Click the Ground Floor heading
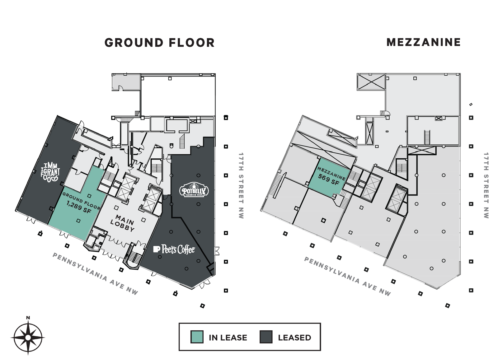click(x=159, y=43)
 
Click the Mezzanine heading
click(x=423, y=42)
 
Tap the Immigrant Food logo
click(x=50, y=172)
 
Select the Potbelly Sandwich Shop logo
click(x=194, y=190)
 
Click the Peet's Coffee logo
click(x=174, y=249)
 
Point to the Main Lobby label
click(x=123, y=223)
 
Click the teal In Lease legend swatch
click(x=197, y=337)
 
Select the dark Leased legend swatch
click(x=266, y=337)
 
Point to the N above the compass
click(x=28, y=318)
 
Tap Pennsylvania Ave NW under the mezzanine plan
click(x=347, y=276)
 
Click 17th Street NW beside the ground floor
click(x=241, y=185)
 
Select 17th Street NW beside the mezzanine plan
click(x=486, y=185)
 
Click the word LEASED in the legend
click(x=294, y=337)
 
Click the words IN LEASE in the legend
click(x=228, y=337)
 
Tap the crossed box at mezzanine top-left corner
click(x=371, y=82)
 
